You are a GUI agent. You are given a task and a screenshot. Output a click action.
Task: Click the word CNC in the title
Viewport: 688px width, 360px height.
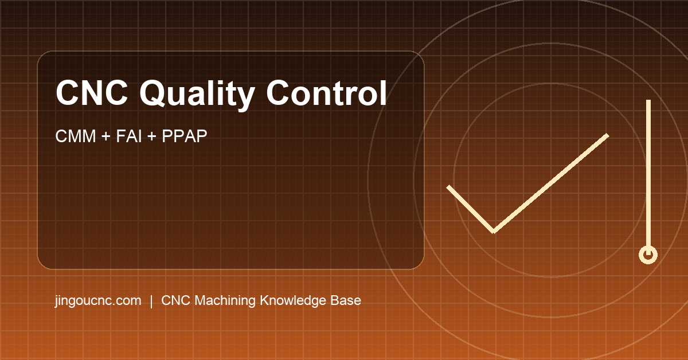tap(89, 93)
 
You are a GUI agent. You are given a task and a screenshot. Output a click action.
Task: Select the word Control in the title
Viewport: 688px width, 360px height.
tap(326, 93)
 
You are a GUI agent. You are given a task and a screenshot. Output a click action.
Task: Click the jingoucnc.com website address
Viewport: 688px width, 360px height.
tap(98, 300)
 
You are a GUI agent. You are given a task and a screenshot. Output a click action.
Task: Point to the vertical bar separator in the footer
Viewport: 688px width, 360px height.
tap(151, 300)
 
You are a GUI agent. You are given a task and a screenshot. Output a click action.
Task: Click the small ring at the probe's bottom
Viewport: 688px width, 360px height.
tap(648, 255)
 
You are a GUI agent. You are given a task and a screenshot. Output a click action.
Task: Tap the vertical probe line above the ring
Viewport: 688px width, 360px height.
tap(648, 172)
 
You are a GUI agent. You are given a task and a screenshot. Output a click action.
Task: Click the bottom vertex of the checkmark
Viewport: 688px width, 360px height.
tap(493, 231)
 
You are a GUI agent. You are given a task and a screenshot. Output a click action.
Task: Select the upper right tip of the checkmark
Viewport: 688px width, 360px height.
tap(607, 136)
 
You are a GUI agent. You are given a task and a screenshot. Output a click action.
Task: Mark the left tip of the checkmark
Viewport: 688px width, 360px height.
tap(448, 187)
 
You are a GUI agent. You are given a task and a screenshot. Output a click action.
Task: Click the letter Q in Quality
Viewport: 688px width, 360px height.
tap(156, 93)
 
